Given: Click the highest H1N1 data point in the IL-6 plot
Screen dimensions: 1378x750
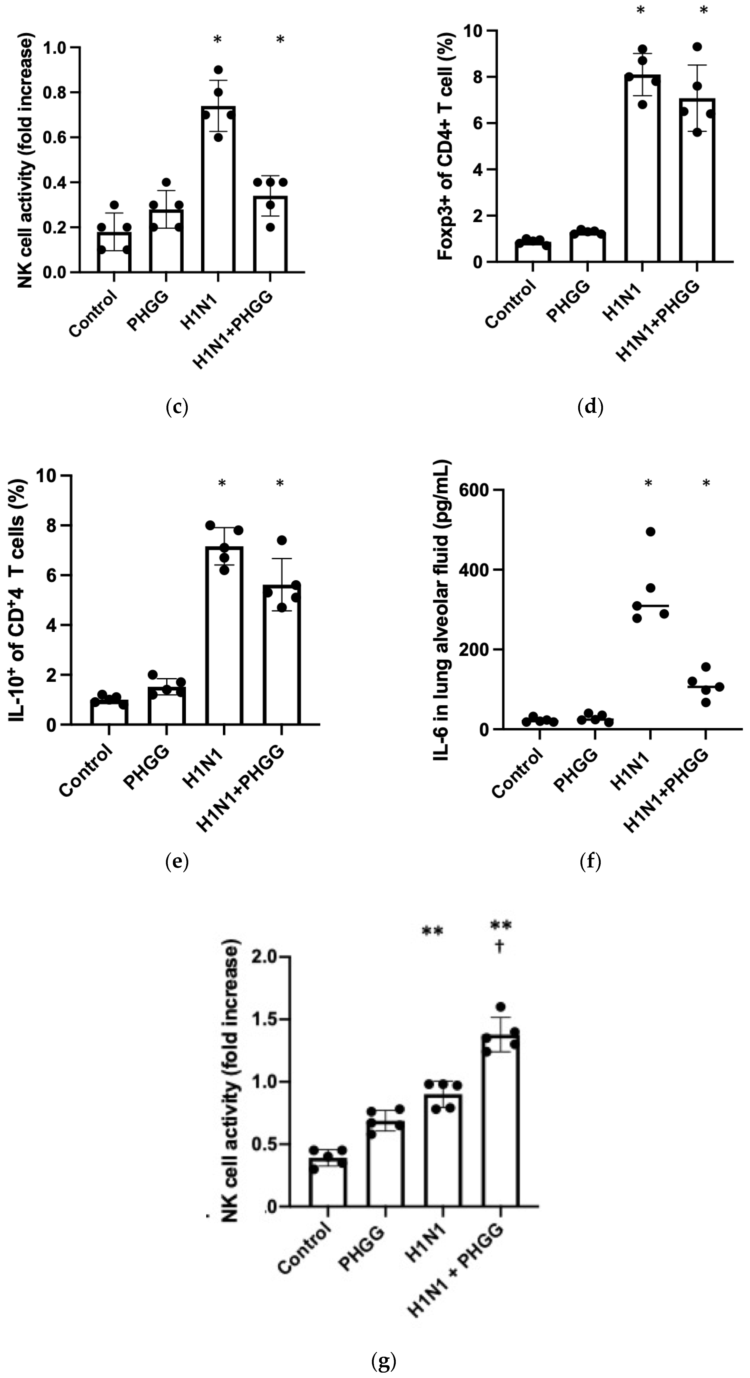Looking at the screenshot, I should pyautogui.click(x=650, y=532).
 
